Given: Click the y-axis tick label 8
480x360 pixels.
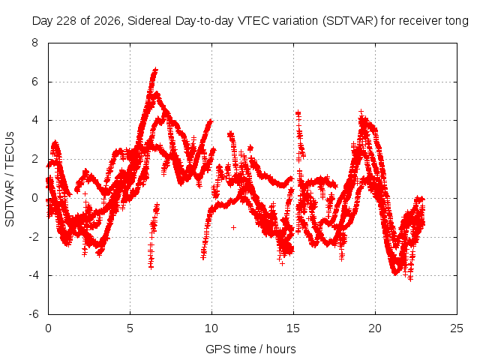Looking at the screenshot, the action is pyautogui.click(x=34, y=43).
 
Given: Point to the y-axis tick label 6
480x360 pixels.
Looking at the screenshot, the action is pyautogui.click(x=34, y=82).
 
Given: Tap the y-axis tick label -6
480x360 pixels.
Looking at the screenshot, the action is pyautogui.click(x=34, y=314).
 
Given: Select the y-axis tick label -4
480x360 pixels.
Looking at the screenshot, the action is pyautogui.click(x=34, y=275).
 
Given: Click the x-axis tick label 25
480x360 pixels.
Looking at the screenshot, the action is pyautogui.click(x=457, y=328).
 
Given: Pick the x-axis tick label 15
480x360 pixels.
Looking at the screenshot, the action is pyautogui.click(x=293, y=328).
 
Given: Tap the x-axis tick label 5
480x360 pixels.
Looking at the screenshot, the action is pyautogui.click(x=130, y=328).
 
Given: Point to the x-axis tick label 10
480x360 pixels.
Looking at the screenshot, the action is pyautogui.click(x=211, y=328).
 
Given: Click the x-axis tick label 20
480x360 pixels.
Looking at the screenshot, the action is pyautogui.click(x=375, y=328).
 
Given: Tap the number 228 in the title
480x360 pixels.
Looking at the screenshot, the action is pyautogui.click(x=68, y=21).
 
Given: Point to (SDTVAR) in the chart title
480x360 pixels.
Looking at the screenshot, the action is pyautogui.click(x=350, y=21).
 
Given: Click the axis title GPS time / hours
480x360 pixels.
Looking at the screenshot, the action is pyautogui.click(x=250, y=349).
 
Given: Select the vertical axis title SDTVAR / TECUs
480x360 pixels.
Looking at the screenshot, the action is pyautogui.click(x=10, y=179).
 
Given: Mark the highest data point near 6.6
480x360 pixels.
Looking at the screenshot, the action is pyautogui.click(x=156, y=70).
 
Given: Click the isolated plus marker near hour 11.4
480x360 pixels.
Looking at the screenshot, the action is pyautogui.click(x=233, y=227).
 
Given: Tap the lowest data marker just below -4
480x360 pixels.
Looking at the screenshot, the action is pyautogui.click(x=410, y=278).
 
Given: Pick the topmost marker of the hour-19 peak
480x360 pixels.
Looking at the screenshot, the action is pyautogui.click(x=361, y=111).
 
